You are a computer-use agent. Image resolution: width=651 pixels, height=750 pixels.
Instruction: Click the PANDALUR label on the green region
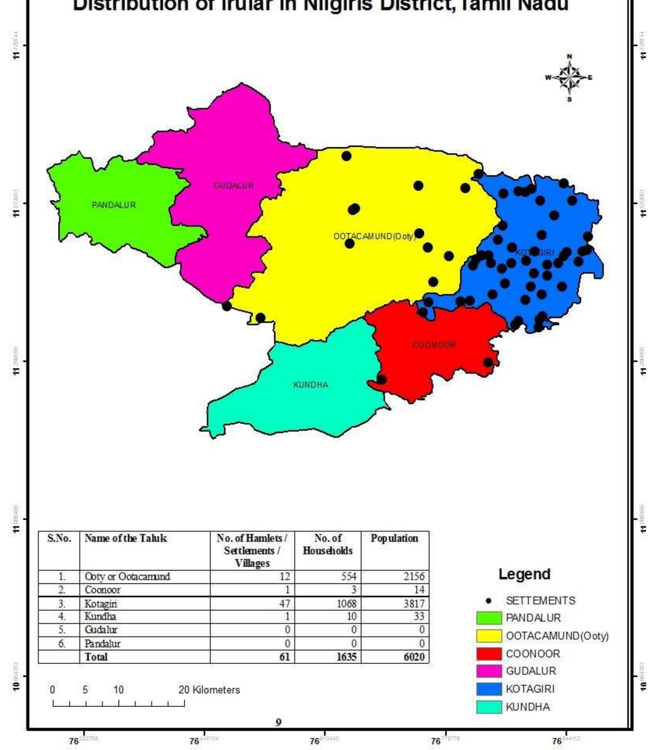(114, 205)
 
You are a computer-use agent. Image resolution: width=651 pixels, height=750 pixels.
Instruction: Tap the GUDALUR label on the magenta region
(233, 185)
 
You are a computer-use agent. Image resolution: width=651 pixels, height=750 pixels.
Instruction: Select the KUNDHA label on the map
(311, 385)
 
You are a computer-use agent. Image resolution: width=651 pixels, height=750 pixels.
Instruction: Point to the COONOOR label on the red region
(434, 345)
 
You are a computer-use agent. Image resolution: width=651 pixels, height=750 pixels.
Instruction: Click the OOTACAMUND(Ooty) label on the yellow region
(374, 236)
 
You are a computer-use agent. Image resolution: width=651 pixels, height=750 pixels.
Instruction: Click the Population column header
(394, 538)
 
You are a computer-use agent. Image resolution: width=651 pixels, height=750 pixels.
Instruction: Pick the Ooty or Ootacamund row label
(127, 576)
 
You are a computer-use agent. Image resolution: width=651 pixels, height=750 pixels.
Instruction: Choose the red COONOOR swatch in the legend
(489, 654)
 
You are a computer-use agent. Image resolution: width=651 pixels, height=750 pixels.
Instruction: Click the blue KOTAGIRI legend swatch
(489, 689)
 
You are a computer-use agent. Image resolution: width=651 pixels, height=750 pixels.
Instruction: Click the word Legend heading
(524, 574)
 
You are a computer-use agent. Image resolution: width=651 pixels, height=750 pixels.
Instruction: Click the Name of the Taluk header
(126, 538)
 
